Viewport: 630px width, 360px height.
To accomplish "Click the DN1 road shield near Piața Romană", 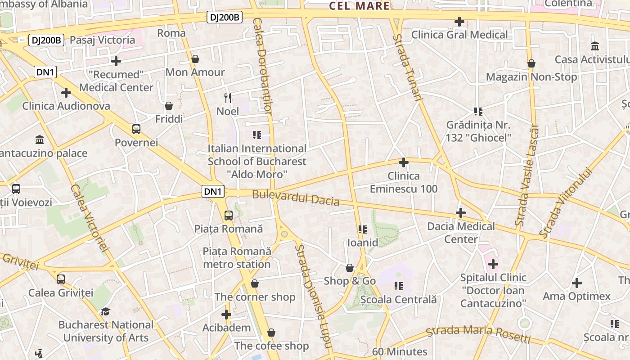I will [213, 192].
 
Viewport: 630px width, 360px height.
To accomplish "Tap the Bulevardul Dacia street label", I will [296, 198].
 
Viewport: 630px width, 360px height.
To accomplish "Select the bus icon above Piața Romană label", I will [229, 216].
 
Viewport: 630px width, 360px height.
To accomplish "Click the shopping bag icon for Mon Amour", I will [195, 59].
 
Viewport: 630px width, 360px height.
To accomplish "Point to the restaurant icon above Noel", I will [228, 98].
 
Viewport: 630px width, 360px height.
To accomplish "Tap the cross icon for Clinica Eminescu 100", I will [404, 162].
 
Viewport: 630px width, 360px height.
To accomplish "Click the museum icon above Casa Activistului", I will [595, 46].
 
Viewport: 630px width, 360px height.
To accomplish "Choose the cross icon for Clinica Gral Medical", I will [459, 22].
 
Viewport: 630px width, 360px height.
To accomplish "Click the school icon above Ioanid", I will [363, 229].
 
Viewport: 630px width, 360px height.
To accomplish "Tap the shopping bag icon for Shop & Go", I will [350, 268].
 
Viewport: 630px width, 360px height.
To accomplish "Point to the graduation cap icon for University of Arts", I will [105, 311].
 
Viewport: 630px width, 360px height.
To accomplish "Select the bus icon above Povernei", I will [136, 130].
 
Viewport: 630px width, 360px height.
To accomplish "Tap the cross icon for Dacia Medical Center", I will [461, 213].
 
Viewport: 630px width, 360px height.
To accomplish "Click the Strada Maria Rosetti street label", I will [478, 333].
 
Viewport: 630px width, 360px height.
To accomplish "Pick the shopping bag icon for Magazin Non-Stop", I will [531, 64].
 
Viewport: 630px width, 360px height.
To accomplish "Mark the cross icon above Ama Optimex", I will [576, 283].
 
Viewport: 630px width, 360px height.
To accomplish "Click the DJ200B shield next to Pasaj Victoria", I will [46, 40].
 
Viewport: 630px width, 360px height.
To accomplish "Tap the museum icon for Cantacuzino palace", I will [40, 140].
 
